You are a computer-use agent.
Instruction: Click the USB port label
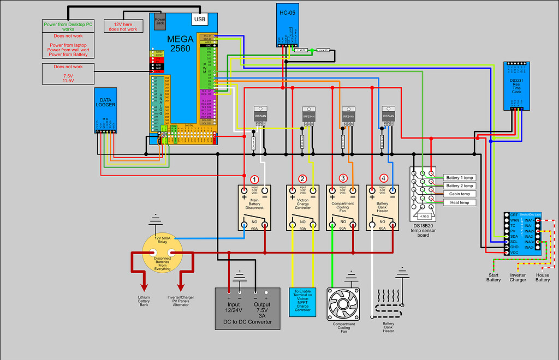200,20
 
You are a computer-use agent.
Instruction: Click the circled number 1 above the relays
254,179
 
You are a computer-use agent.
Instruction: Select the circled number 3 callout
343,178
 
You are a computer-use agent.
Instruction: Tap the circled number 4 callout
383,178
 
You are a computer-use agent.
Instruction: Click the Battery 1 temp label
459,178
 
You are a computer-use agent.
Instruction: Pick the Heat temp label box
459,202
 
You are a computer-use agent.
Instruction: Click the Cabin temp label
459,194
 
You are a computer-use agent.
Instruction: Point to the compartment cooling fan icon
343,304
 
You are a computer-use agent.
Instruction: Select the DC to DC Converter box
247,309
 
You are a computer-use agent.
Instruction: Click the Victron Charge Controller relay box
303,207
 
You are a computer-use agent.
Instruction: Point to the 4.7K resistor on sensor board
424,216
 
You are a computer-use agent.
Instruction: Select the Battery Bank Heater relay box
383,207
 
